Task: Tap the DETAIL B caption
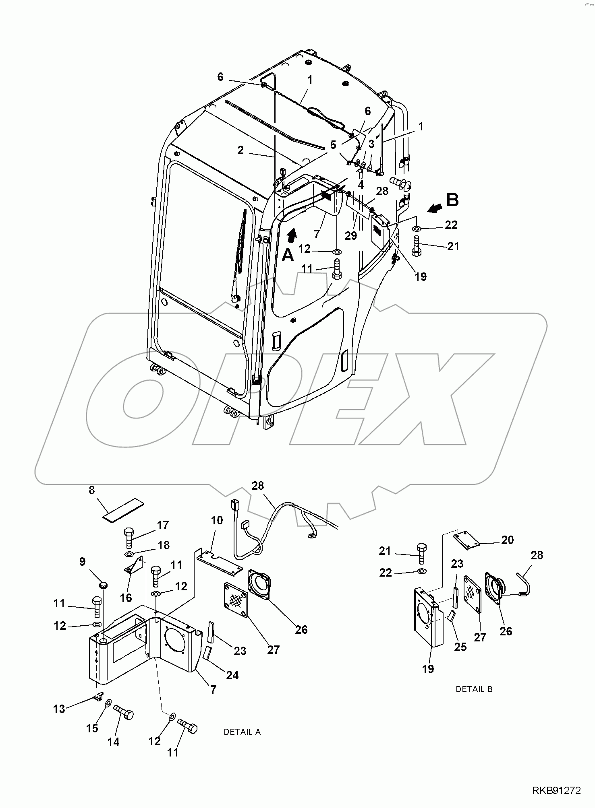[474, 689]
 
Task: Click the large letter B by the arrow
[452, 200]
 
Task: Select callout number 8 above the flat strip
[92, 490]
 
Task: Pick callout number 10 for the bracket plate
[217, 520]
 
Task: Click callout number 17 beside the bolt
[163, 525]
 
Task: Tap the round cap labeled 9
[104, 583]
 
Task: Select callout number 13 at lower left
[59, 709]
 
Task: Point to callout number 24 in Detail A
[232, 675]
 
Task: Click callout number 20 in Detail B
[507, 540]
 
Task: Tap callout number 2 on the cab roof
[240, 150]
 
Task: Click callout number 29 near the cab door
[351, 235]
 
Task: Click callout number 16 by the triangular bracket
[126, 598]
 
